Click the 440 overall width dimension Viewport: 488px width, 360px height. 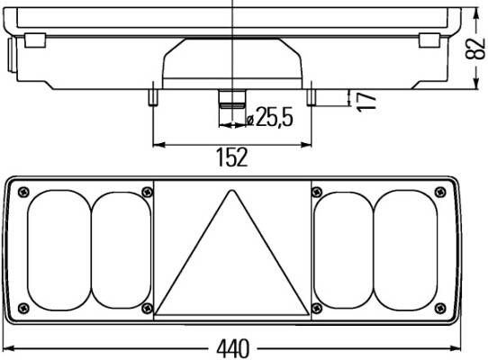pyautogui.click(x=233, y=348)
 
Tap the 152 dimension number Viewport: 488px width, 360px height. pyautogui.click(x=232, y=157)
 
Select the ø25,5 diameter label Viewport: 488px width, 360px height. pyautogui.click(x=269, y=117)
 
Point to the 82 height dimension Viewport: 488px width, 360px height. pyautogui.click(x=475, y=49)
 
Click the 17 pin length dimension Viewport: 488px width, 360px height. pyautogui.click(x=366, y=102)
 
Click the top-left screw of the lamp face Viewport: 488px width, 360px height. pyautogui.click(x=23, y=193)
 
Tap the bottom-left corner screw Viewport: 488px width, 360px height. pyautogui.click(x=23, y=308)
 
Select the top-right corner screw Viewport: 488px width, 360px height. pyautogui.click(x=439, y=193)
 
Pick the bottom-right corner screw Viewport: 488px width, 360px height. pyautogui.click(x=439, y=308)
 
